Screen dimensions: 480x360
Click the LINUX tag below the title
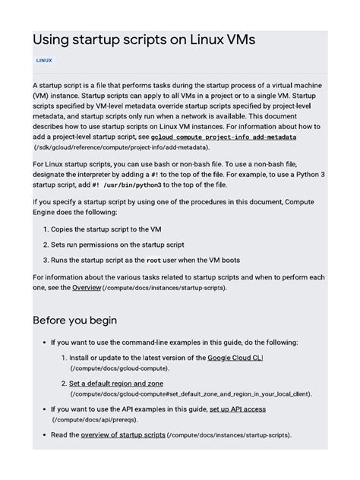click(x=44, y=59)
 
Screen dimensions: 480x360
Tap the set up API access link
click(x=237, y=409)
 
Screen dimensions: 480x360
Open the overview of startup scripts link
click(x=123, y=434)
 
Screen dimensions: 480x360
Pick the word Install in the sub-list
click(x=82, y=357)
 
